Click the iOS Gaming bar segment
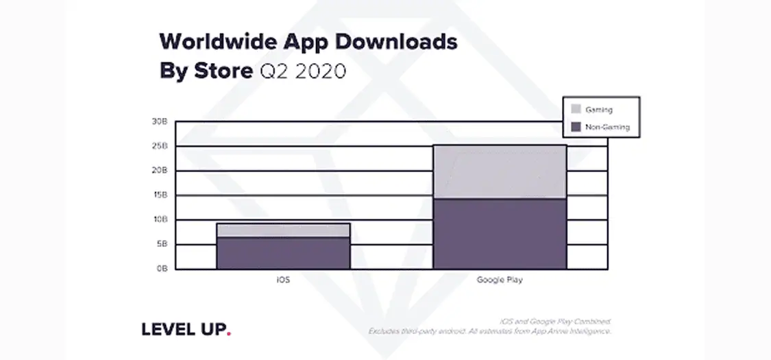point(283,230)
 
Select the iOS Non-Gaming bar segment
point(283,253)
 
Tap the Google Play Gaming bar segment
point(500,172)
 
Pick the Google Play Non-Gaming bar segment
point(500,234)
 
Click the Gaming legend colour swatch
point(576,109)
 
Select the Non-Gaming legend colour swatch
point(576,127)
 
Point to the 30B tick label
point(160,121)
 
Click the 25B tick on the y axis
point(160,146)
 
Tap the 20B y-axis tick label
point(160,171)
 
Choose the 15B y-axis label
point(160,195)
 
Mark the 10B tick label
point(160,220)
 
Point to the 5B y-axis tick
point(161,245)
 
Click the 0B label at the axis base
point(161,269)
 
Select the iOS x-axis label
point(282,281)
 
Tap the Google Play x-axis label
point(499,281)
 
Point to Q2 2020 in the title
point(304,71)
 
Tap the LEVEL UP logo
point(183,330)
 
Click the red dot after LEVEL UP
point(229,334)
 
